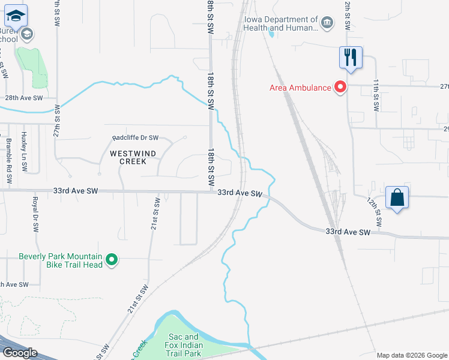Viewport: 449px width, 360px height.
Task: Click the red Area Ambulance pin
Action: [340, 88]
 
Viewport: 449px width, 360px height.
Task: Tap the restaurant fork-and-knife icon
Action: [351, 58]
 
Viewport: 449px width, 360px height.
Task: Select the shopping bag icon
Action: [397, 197]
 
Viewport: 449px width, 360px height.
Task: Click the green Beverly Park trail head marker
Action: [111, 260]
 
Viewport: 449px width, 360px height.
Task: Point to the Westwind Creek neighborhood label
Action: [133, 157]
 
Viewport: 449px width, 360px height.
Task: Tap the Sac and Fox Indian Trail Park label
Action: [184, 345]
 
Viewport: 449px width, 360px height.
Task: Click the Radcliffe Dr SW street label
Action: [136, 137]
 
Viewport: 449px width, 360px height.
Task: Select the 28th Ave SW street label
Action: [24, 97]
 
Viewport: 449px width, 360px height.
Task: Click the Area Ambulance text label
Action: [300, 88]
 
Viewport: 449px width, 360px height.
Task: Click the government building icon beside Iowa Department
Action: [327, 23]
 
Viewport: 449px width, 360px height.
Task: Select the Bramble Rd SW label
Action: [8, 154]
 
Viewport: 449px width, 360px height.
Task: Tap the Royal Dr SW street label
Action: [35, 214]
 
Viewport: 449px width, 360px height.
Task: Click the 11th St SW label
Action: [376, 95]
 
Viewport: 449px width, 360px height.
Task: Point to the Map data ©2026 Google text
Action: [412, 355]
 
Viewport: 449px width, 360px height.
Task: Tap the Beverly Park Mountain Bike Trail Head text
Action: [60, 260]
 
